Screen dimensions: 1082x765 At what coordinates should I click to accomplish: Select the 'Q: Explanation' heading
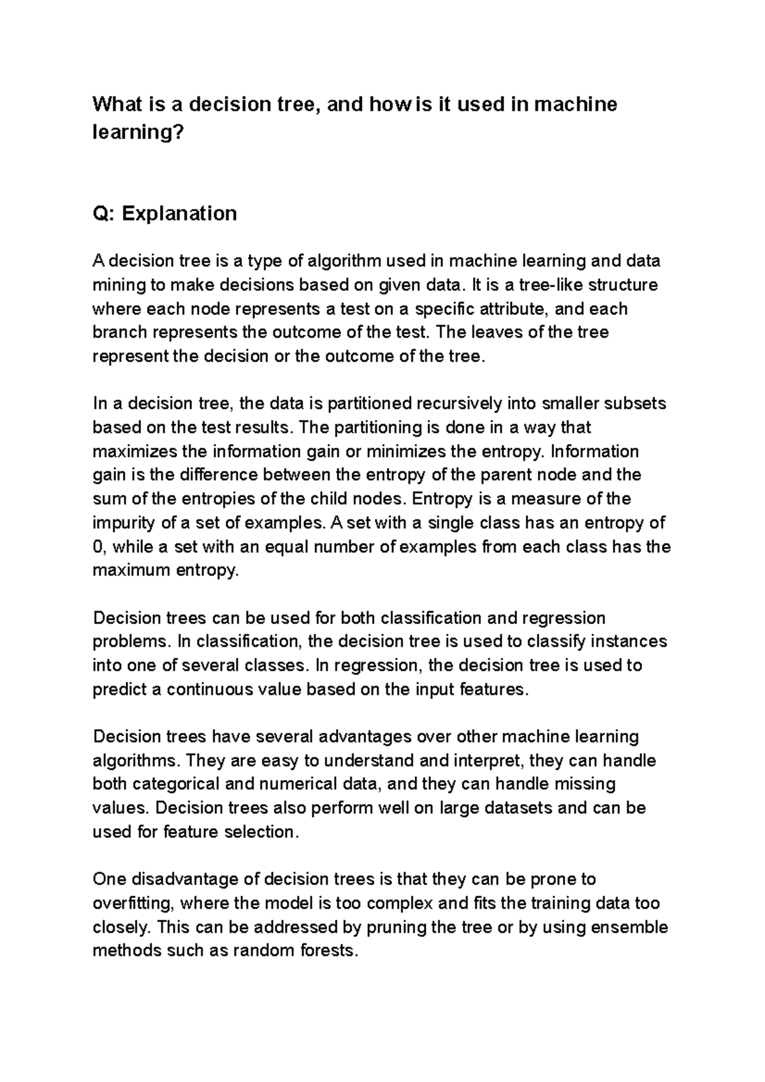[x=164, y=213]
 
